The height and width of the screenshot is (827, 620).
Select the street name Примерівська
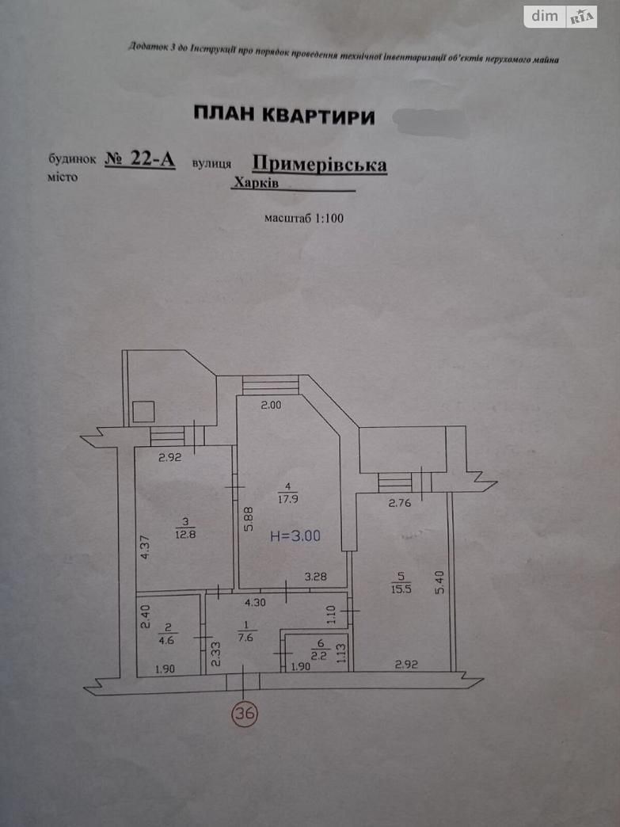pos(319,163)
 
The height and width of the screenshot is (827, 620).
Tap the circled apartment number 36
pos(244,714)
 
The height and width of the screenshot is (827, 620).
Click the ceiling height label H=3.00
pos(295,535)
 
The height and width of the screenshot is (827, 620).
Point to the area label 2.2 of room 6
pos(319,655)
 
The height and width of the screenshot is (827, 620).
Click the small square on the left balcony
pos(143,412)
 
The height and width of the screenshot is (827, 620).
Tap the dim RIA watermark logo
pos(560,16)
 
